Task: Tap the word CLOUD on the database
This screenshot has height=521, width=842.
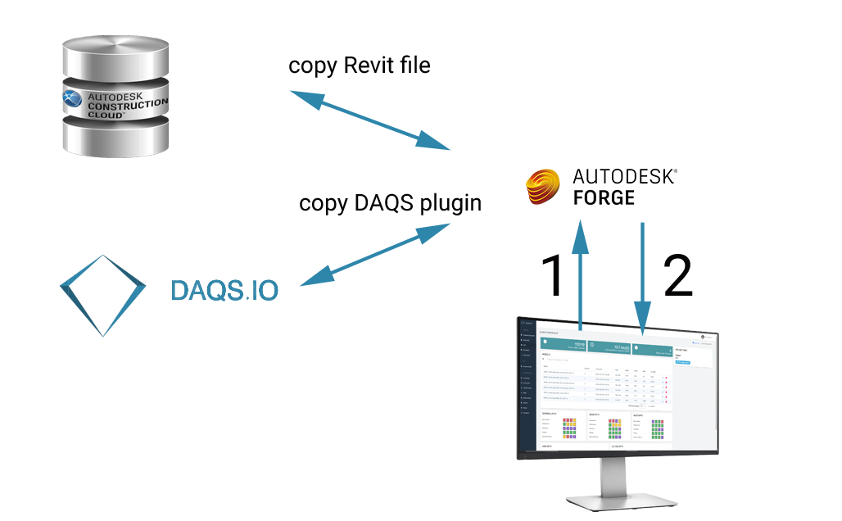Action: point(106,116)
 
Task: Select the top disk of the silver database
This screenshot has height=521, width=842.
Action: point(116,57)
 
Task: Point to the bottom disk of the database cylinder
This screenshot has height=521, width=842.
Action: point(116,143)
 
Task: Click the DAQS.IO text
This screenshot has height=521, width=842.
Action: point(224,290)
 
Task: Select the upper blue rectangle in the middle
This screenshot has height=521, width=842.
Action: point(369,120)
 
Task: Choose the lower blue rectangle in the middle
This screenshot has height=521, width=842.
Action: point(374,255)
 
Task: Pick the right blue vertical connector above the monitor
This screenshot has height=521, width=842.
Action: point(643,270)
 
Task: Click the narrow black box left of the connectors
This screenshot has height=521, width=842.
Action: point(550,274)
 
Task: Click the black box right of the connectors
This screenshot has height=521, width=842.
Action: point(678,274)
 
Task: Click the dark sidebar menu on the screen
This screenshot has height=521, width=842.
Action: point(527,385)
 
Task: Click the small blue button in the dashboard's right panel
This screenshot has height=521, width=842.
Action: point(683,361)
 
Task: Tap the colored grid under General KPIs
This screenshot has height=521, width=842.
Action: point(568,428)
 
